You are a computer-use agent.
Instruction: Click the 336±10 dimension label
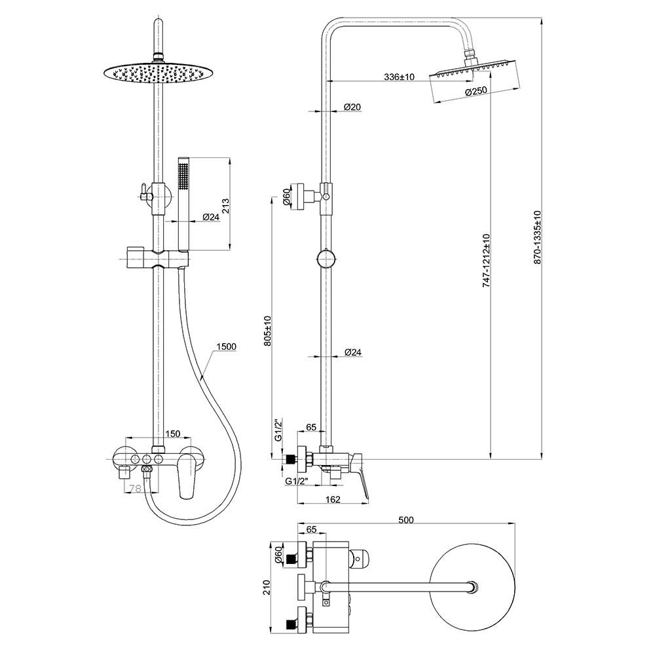coord(399,77)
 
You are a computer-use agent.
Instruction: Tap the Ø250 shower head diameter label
coord(476,92)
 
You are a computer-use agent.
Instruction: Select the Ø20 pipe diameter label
coord(352,107)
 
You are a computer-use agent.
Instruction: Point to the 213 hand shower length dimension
coord(225,206)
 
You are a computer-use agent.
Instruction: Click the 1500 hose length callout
coord(227,346)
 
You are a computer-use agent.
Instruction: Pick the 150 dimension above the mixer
coord(172,434)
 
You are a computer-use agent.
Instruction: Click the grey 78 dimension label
coord(134,488)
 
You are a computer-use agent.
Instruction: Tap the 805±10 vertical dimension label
coord(268,330)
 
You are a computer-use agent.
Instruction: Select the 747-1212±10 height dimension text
coord(486,260)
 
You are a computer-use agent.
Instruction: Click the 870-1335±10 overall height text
coord(538,237)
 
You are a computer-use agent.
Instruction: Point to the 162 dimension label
coord(333,499)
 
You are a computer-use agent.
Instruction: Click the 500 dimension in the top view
coord(405,520)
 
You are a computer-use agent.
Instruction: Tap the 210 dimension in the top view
coord(267,588)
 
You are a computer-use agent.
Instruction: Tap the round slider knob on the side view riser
coord(326,259)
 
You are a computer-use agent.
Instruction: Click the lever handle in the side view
coord(360,476)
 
